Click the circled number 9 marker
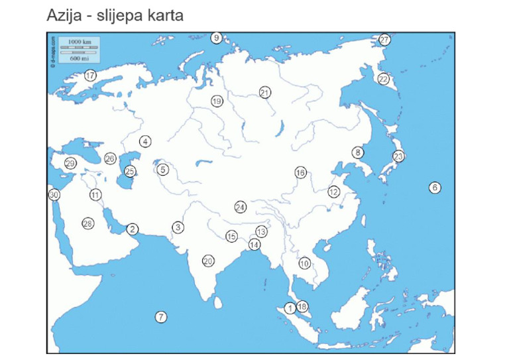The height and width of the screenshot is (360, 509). [x=216, y=38]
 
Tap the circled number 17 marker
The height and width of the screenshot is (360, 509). [x=90, y=76]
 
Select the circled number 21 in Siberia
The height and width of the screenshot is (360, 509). [x=265, y=93]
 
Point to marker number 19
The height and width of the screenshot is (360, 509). [x=217, y=101]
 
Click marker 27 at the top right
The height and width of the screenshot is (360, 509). [x=384, y=40]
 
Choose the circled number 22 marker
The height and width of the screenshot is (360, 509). [x=383, y=79]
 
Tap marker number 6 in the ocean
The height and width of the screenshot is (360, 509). [x=435, y=187]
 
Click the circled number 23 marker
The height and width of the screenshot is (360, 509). [x=398, y=156]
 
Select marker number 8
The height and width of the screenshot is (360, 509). [x=358, y=152]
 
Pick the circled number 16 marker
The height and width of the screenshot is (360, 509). [x=300, y=172]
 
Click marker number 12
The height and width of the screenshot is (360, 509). [x=333, y=192]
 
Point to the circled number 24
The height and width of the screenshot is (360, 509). [x=241, y=208]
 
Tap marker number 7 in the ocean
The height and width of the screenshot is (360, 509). [x=161, y=317]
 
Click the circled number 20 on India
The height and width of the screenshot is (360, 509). [x=208, y=261]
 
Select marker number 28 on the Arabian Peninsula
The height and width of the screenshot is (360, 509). [x=87, y=223]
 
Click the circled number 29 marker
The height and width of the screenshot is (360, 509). [x=70, y=163]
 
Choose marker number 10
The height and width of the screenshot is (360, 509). [x=304, y=263]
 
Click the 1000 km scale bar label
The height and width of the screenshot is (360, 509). [x=75, y=42]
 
